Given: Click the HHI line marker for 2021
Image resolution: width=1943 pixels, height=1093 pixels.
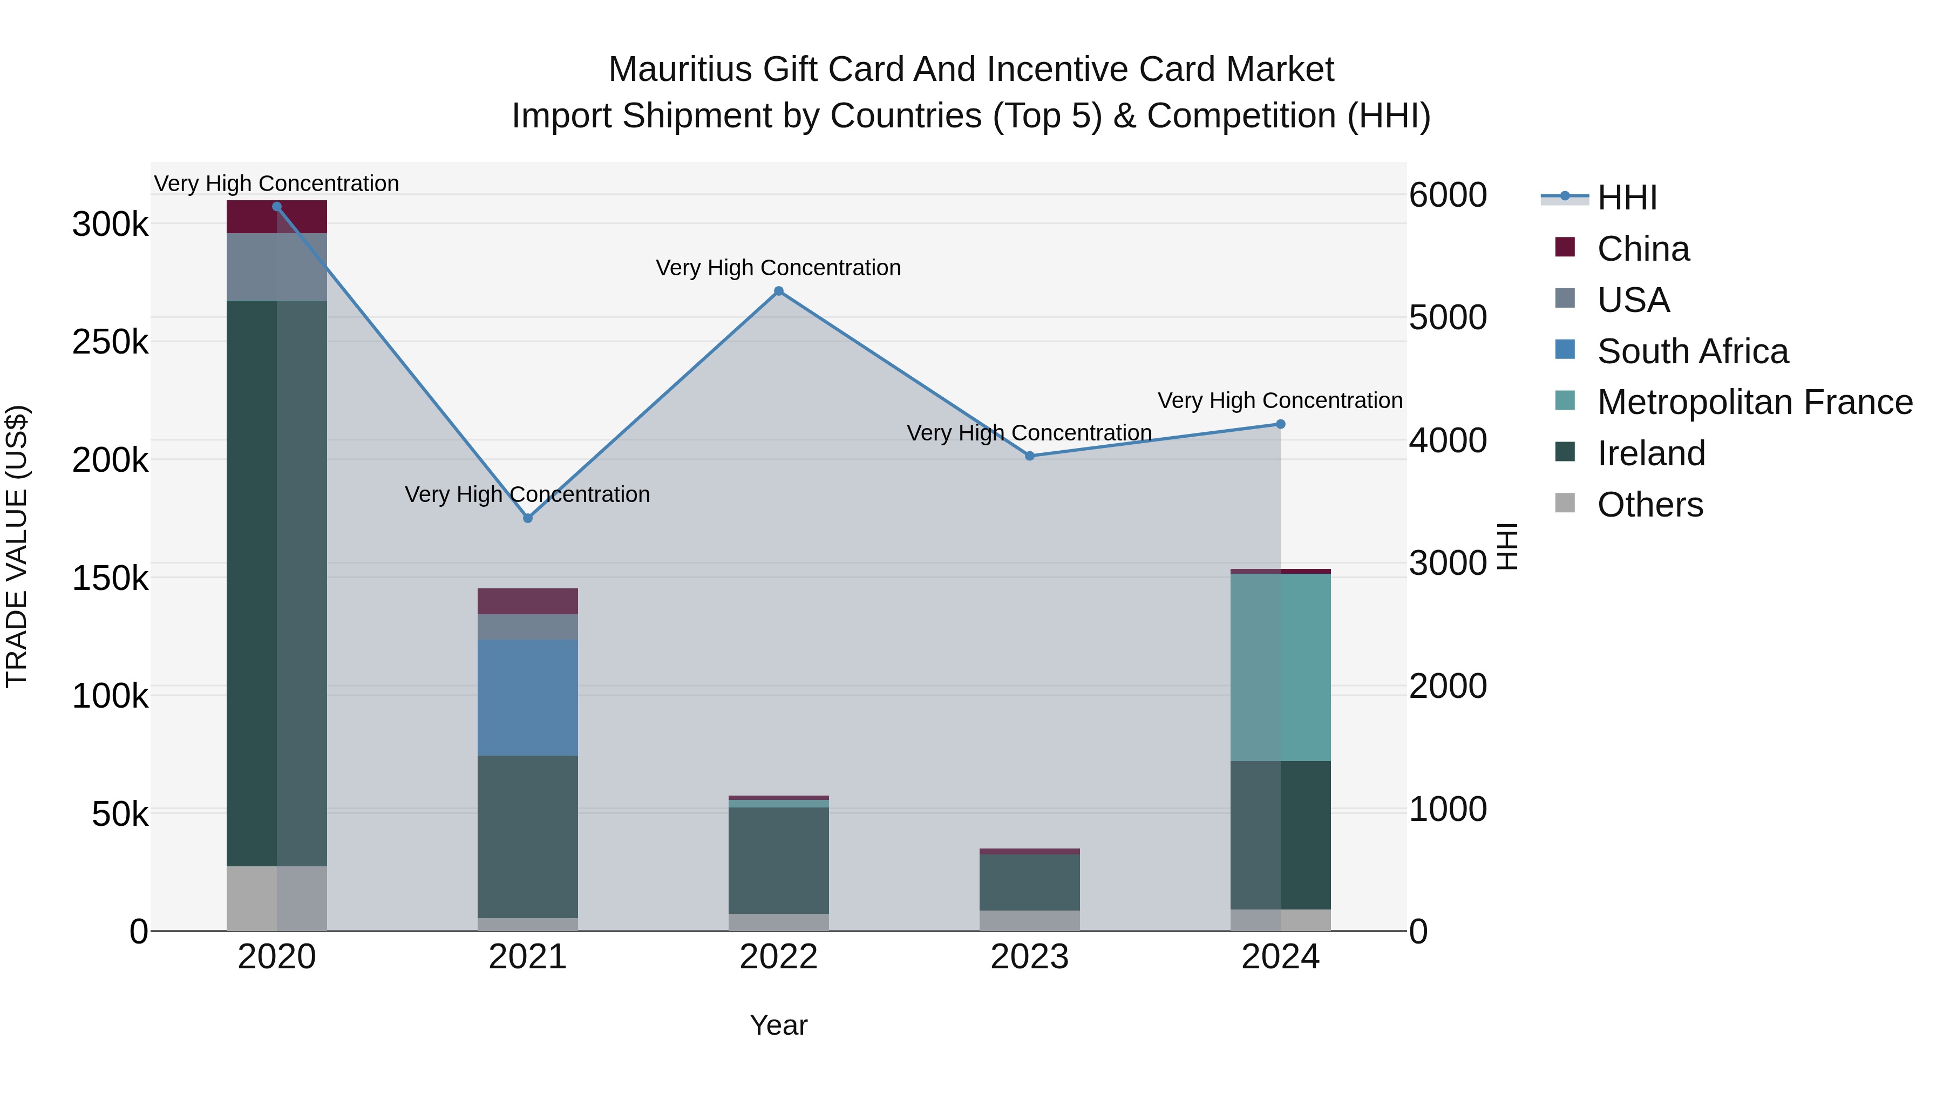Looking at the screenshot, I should tap(527, 518).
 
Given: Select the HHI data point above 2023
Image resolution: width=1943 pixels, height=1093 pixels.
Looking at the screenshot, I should tap(1030, 456).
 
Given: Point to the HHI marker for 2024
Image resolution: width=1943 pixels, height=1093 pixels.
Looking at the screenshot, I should tap(1280, 424).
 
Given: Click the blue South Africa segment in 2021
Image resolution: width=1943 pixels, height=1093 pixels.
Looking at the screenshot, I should tap(527, 698).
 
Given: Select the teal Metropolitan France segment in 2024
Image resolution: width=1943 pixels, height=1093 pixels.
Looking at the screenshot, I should tap(1280, 668).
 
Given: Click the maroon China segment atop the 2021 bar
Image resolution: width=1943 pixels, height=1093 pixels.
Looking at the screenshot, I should tap(527, 601).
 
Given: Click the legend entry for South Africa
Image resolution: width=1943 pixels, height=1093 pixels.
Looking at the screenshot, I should tap(1692, 351).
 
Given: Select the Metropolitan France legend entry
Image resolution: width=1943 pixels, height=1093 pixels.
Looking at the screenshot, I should tap(1755, 402).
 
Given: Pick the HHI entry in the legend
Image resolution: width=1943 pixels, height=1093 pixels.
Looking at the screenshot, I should tap(1627, 198).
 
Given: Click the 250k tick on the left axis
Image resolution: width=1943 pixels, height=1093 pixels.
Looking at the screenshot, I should tap(110, 342).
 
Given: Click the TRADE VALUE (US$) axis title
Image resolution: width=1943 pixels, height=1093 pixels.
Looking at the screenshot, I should tap(17, 546).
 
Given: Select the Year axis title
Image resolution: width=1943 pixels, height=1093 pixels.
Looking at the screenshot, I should tap(778, 1025).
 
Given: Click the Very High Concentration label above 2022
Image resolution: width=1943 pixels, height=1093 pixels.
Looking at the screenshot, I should tap(778, 268).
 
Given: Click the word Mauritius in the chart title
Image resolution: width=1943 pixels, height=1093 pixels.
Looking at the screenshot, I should tap(680, 70).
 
